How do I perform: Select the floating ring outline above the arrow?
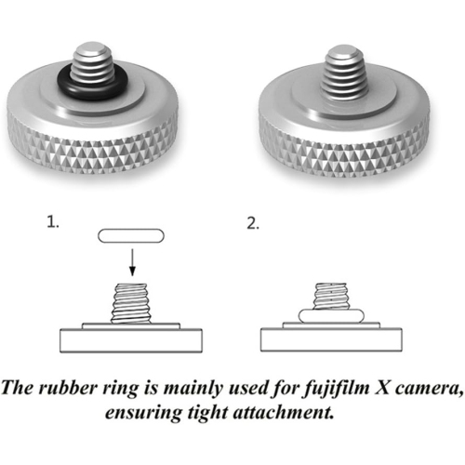[131, 236]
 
